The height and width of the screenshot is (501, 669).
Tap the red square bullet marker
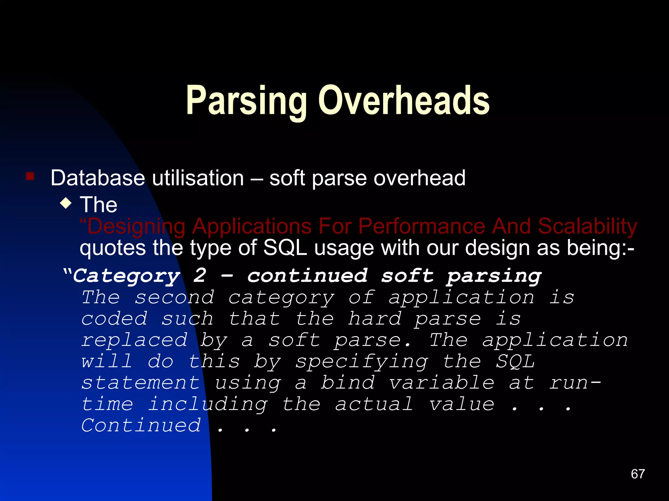[x=30, y=176]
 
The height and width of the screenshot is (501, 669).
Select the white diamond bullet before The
[x=66, y=204]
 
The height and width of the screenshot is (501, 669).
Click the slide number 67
[x=638, y=474]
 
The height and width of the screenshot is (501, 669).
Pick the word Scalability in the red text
[x=587, y=226]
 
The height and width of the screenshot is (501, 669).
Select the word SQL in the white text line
[x=285, y=248]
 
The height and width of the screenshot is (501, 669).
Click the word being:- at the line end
[x=600, y=248]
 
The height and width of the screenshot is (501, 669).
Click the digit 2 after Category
[x=200, y=276]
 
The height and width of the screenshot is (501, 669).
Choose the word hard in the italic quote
[x=374, y=319]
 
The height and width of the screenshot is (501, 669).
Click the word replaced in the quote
[x=134, y=340]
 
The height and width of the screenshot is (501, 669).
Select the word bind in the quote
[x=348, y=383]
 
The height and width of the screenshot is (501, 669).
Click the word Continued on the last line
[x=141, y=426]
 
